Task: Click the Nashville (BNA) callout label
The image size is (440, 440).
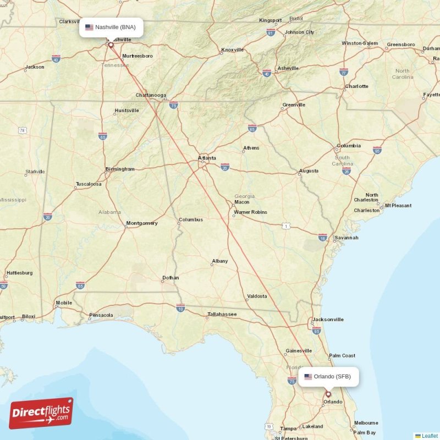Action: coord(111,27)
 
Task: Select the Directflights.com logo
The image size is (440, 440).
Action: coord(41,413)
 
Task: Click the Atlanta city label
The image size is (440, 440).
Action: coord(207,158)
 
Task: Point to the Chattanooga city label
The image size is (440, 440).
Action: coord(151,95)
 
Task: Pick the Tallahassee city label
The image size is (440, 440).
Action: coord(222,315)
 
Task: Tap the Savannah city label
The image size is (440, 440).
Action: coord(346,238)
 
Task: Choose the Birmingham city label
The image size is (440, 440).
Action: coord(119,169)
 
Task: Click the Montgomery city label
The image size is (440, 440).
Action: coord(142,223)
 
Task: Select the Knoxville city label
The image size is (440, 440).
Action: coord(232,50)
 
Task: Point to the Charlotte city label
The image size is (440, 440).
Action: coord(356,86)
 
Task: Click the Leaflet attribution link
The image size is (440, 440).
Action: coord(430,436)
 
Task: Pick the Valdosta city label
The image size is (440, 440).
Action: coord(257,296)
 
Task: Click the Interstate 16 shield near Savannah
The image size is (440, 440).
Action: coord(322,237)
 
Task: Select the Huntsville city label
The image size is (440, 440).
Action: coord(127,111)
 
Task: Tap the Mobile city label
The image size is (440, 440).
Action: coord(64,303)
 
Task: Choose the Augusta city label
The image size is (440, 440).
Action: coord(309,171)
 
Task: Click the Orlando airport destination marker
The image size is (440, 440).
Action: coord(328,394)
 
